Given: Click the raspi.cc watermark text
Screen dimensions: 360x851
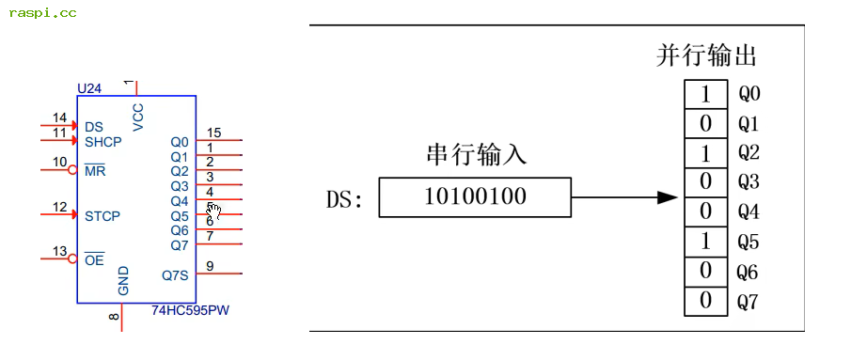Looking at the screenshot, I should [42, 12].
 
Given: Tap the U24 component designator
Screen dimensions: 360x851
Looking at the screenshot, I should [89, 88].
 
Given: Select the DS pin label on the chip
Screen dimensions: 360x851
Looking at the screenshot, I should [94, 127].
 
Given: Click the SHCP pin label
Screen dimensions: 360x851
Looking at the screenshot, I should [103, 142].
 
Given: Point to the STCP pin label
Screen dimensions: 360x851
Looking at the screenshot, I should [102, 216].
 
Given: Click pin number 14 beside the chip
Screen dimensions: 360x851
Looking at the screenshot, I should [59, 118].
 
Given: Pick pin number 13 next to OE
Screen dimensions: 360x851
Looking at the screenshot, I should [59, 251].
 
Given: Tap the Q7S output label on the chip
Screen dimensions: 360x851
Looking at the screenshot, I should [175, 275].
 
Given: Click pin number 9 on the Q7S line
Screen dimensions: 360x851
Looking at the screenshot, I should [210, 266].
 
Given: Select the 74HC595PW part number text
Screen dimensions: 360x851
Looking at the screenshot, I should [191, 309].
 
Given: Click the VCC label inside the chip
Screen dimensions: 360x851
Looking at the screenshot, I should [139, 116].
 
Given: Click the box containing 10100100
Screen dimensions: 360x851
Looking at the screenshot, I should [475, 197].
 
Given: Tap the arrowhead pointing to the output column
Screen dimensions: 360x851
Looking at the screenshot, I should [667, 197].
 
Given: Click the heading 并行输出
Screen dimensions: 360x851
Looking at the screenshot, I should [706, 56].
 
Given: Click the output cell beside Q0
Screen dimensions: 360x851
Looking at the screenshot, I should [705, 95].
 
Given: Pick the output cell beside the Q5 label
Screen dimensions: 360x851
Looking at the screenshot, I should [705, 243].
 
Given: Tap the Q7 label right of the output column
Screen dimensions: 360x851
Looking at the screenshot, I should [749, 303].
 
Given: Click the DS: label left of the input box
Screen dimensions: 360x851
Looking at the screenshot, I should [344, 199].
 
